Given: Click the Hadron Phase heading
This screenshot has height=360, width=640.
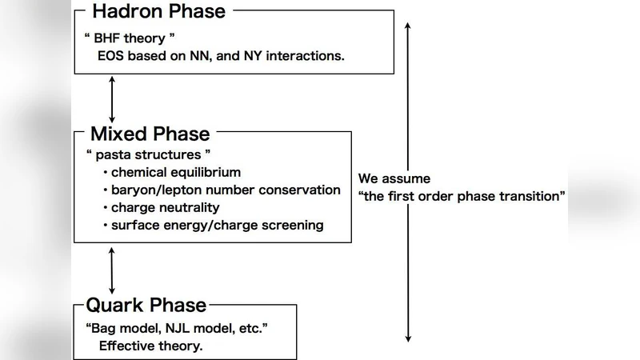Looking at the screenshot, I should coord(158,11).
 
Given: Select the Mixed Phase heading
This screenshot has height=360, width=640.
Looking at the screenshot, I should coord(150,134).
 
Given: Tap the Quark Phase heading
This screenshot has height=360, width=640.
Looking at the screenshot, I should coord(146,305).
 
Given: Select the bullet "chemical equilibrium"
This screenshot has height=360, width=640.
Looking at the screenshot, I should coord(176,172).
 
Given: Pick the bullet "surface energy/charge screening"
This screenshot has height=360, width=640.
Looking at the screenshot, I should coord(217,225).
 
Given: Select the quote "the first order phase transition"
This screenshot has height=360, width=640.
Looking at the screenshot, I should coord(462,196).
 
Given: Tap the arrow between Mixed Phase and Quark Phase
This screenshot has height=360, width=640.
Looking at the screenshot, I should coord(112,270).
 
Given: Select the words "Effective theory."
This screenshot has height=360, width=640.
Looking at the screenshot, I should coord(150,346).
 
